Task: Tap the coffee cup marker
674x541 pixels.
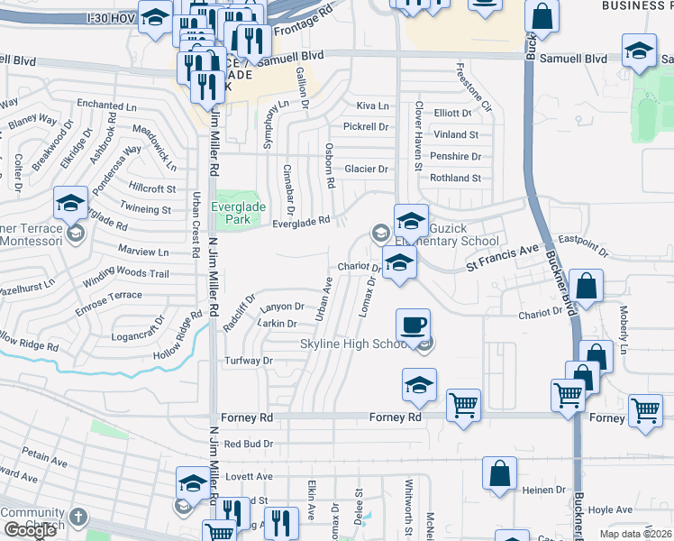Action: [413, 325]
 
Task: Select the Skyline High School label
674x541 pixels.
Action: [358, 344]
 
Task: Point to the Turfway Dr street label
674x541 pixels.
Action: [249, 361]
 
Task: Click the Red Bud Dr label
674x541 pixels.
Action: [248, 444]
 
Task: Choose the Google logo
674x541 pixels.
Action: [30, 530]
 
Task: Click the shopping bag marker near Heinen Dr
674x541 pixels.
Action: [499, 473]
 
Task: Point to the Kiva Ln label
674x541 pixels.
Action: [371, 105]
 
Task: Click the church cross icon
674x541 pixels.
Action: [78, 517]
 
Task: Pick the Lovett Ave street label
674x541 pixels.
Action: [249, 476]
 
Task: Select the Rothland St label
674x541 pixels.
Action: [455, 179]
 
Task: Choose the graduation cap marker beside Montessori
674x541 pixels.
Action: [69, 205]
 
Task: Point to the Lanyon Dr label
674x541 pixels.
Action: [278, 306]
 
